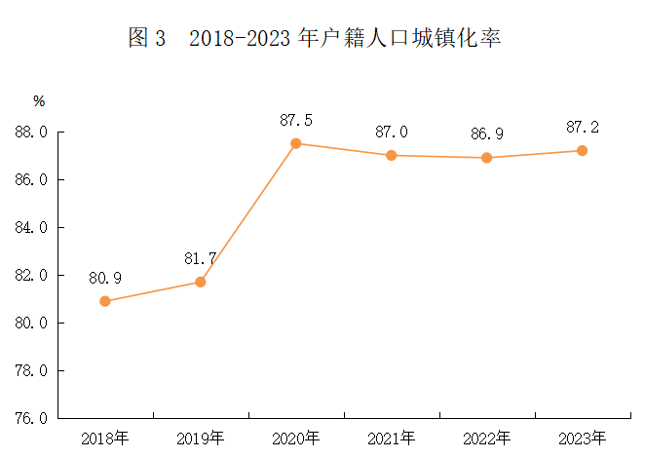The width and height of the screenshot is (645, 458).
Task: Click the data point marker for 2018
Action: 105,301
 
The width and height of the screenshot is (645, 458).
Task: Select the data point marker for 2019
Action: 201,282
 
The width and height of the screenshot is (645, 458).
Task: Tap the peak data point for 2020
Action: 296,143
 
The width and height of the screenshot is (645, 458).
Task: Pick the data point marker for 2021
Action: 392,155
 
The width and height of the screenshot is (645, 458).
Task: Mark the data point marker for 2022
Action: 487,158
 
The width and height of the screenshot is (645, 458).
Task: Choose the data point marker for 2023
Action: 583,150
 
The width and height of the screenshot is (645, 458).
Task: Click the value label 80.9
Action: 105,278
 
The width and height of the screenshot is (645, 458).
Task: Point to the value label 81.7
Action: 201,258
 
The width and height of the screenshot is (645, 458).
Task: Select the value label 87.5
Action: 296,120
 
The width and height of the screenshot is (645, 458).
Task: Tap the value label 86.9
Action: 487,134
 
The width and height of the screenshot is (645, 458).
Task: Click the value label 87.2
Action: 583,127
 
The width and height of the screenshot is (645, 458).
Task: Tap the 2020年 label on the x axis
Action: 296,438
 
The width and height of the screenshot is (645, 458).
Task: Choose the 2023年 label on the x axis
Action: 583,438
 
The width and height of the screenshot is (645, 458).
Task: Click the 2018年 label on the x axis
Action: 105,438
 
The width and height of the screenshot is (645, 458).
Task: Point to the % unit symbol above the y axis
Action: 39,100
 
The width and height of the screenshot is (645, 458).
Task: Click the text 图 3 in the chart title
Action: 147,38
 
